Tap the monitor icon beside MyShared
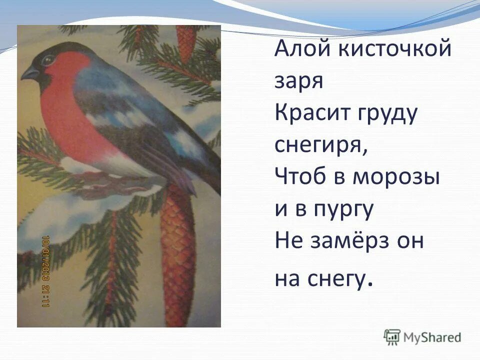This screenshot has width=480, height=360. click(392, 337)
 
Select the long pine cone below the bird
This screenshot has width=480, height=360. click(177, 250)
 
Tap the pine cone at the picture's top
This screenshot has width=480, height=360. click(186, 42)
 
